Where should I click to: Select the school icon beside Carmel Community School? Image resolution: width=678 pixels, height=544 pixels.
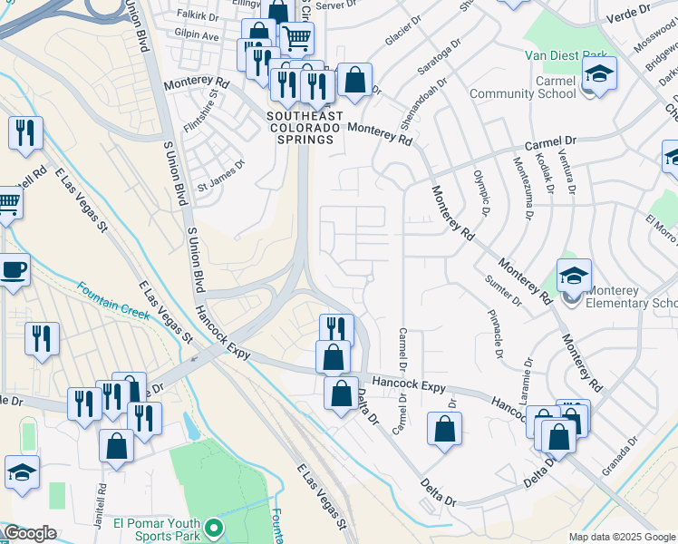pyautogui.click(x=599, y=73)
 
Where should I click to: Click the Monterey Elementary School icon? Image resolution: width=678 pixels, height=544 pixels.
pyautogui.click(x=574, y=276)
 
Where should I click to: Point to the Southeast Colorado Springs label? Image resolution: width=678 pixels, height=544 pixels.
pyautogui.click(x=304, y=128)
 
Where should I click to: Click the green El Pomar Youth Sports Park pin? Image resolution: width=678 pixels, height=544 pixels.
pyautogui.click(x=213, y=527)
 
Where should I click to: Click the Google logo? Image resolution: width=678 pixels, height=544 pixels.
pyautogui.click(x=30, y=533)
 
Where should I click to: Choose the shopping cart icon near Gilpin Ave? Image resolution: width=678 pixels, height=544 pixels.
pyautogui.click(x=296, y=38)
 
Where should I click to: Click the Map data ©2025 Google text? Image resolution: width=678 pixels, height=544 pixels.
pyautogui.click(x=621, y=536)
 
